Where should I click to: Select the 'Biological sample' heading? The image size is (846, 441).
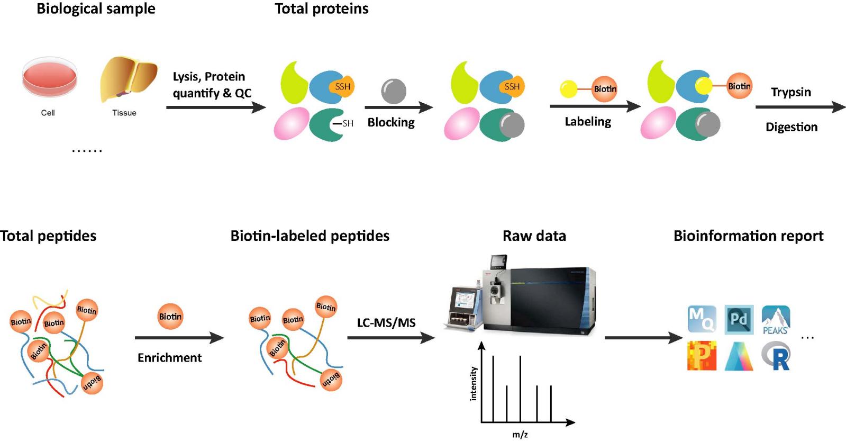(96, 9)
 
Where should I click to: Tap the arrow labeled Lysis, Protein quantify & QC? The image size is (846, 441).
(215, 107)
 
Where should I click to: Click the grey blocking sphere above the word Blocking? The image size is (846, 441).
(394, 91)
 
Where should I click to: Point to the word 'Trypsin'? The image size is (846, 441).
(790, 92)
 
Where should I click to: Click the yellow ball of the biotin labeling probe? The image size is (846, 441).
(568, 89)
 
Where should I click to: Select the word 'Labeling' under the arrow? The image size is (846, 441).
(587, 122)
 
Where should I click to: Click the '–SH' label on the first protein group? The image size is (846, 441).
(344, 123)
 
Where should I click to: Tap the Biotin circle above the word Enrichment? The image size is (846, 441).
(170, 316)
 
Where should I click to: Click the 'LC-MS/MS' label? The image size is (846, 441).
(386, 322)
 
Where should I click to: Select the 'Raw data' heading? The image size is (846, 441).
(534, 236)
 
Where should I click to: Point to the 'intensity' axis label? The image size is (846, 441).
(474, 383)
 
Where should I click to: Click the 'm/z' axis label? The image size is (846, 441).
(520, 435)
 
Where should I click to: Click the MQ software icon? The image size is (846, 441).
(702, 319)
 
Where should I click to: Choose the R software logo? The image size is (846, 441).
(776, 356)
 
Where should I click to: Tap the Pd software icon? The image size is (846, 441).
(739, 319)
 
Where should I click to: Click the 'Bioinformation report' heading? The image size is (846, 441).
(748, 236)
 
